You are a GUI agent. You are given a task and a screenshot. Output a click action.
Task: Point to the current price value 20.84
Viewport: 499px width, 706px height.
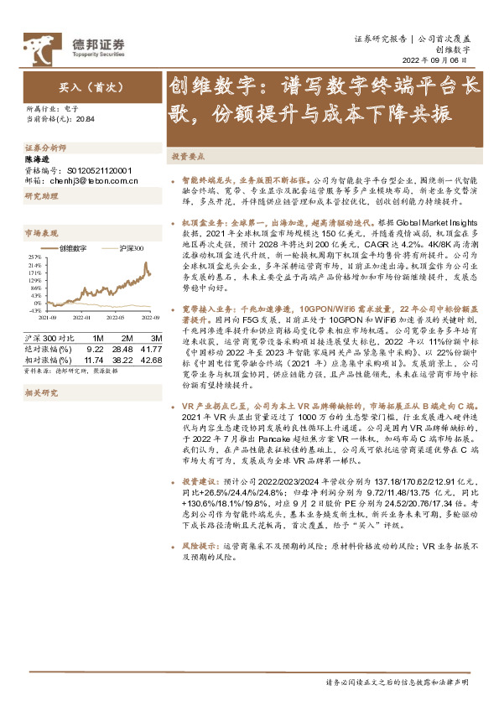[85, 120]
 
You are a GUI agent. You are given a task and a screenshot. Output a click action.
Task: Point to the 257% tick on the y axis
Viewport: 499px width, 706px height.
[34, 257]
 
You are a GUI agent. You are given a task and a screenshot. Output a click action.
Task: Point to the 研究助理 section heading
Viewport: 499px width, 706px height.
[41, 195]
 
